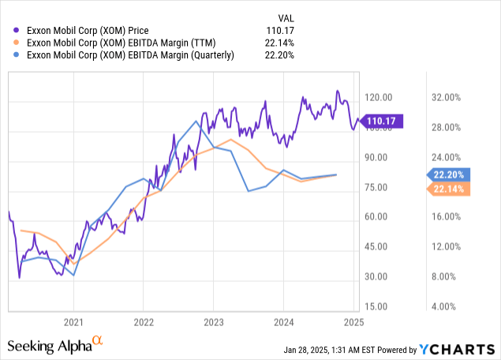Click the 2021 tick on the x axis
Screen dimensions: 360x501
pyautogui.click(x=73, y=322)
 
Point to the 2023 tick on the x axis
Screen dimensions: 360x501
pyautogui.click(x=214, y=322)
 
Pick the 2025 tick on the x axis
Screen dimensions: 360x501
pyautogui.click(x=353, y=322)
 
